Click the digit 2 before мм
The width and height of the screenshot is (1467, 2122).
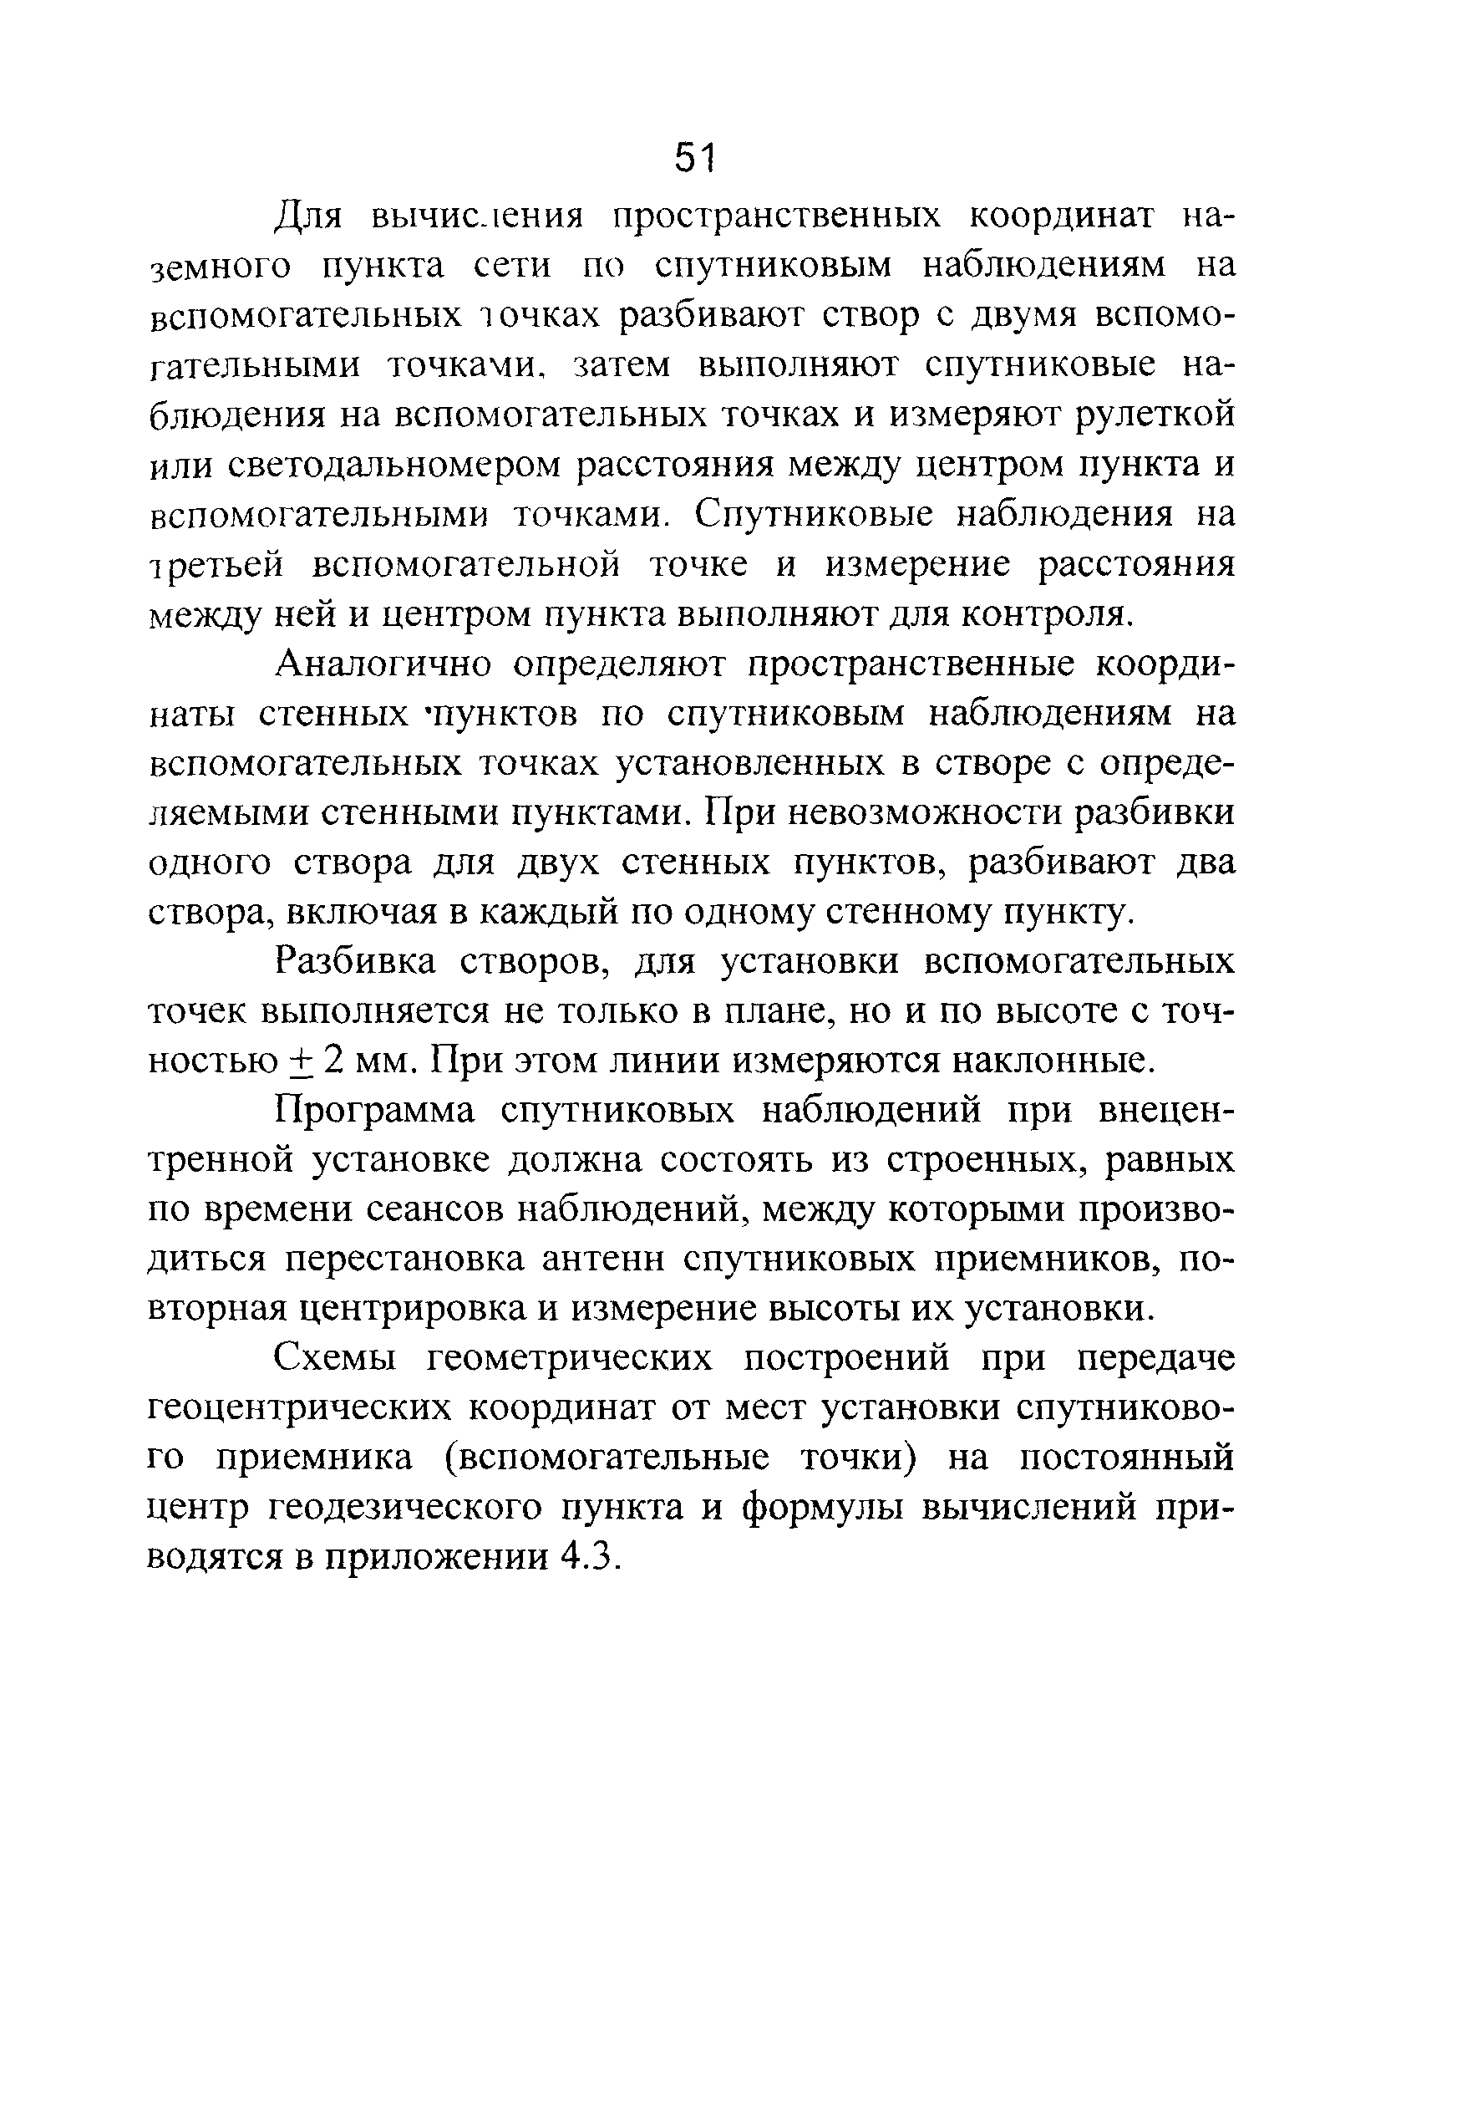pyautogui.click(x=333, y=1061)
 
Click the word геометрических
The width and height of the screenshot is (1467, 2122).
pyautogui.click(x=570, y=1359)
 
